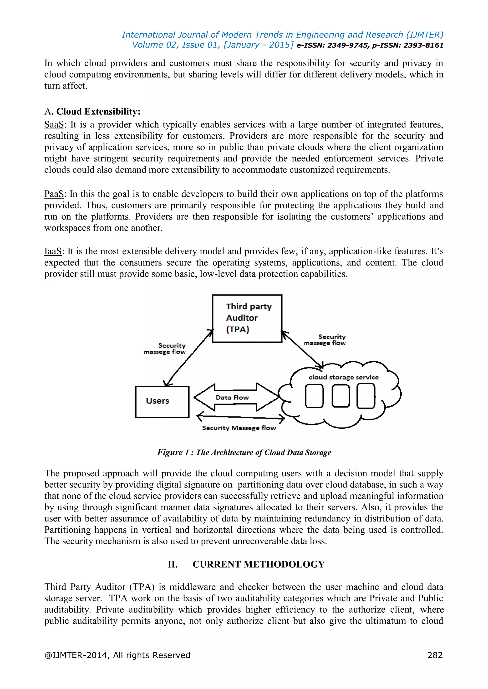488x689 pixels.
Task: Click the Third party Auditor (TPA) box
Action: tap(247, 318)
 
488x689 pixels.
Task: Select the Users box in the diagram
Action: tap(162, 402)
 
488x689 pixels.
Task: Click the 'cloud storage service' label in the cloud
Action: tap(343, 377)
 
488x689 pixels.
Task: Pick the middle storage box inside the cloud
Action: tap(341, 396)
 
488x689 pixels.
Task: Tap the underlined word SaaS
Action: tap(54, 124)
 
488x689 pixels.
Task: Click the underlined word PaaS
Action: tap(54, 194)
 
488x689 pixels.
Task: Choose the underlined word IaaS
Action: tap(53, 251)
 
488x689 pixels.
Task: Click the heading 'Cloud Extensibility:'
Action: tap(98, 112)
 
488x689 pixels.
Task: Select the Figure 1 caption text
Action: tap(244, 452)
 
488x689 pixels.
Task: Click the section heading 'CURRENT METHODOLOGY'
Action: tap(259, 564)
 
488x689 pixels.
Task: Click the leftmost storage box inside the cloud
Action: tap(314, 396)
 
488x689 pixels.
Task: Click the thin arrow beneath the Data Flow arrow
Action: tap(240, 417)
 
